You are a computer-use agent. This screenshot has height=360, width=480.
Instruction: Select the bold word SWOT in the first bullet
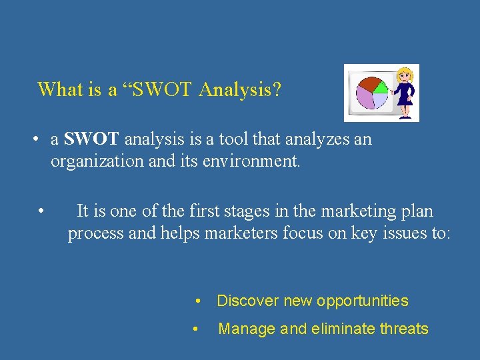[91, 139]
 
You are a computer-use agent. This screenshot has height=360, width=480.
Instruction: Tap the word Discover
[247, 301]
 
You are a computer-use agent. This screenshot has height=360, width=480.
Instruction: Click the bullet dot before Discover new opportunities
[198, 301]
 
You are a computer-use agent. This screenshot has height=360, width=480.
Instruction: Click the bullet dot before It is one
[41, 212]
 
